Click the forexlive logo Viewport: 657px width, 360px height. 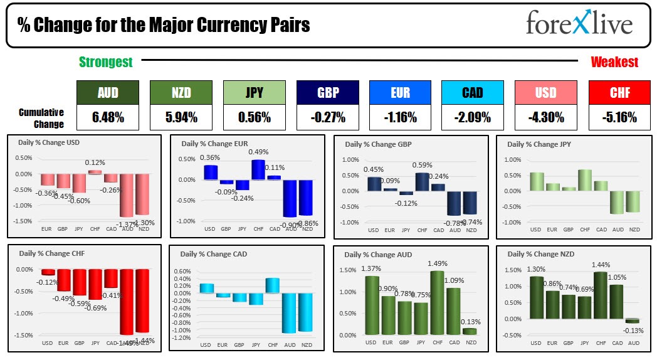click(x=579, y=24)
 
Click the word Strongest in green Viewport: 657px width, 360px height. click(x=105, y=61)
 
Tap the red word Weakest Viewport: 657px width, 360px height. click(x=614, y=61)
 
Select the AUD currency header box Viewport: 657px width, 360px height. click(x=108, y=93)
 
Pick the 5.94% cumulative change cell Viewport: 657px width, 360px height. click(x=181, y=117)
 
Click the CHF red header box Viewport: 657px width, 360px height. click(x=619, y=93)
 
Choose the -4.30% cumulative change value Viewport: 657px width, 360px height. click(x=545, y=117)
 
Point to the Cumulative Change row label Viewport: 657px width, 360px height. click(x=41, y=118)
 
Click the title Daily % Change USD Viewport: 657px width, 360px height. click(x=50, y=142)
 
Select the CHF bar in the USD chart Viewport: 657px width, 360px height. click(x=94, y=172)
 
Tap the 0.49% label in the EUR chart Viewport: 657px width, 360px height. click(x=258, y=152)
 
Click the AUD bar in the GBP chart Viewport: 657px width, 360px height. click(x=455, y=203)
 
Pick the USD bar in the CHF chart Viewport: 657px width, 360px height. click(x=48, y=272)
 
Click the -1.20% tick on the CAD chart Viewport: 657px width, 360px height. click(x=182, y=337)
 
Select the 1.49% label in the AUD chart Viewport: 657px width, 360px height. click(x=437, y=263)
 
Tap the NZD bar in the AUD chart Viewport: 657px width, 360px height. click(x=469, y=331)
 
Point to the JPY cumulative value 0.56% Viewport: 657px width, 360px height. click(x=254, y=117)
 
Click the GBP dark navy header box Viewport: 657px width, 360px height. click(x=327, y=93)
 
